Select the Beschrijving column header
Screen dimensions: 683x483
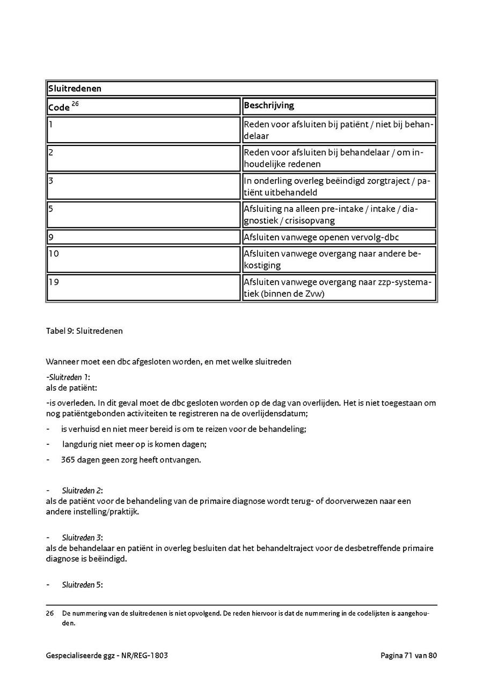pyautogui.click(x=269, y=106)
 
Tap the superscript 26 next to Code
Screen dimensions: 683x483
pyautogui.click(x=76, y=104)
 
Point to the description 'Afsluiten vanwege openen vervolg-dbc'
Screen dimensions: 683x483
pyautogui.click(x=321, y=237)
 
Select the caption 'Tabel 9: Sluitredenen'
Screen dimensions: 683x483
pyautogui.click(x=84, y=331)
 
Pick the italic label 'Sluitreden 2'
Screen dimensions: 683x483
pyautogui.click(x=82, y=490)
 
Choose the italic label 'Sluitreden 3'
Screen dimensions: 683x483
pyautogui.click(x=82, y=538)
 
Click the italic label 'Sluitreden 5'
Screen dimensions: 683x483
pyautogui.click(x=82, y=585)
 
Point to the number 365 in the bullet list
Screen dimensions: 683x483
pyautogui.click(x=68, y=460)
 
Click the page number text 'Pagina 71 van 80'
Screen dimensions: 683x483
pyautogui.click(x=409, y=656)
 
